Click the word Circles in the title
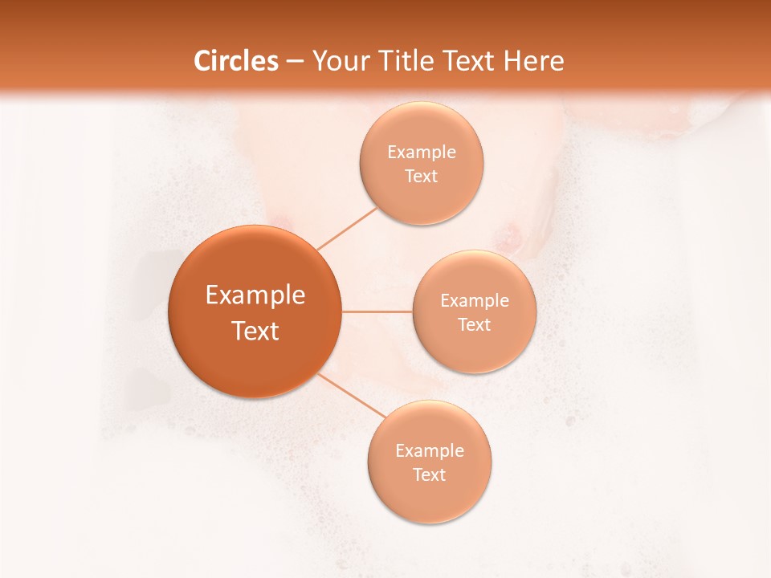(x=236, y=61)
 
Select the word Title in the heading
(x=406, y=61)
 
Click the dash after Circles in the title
(x=295, y=62)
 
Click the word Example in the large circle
(x=255, y=295)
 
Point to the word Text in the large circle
(x=255, y=331)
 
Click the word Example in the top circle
(x=422, y=153)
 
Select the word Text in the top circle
(x=422, y=177)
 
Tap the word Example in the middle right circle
(x=475, y=301)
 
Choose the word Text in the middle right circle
(x=475, y=325)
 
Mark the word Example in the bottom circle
(x=430, y=451)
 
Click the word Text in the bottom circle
(x=430, y=475)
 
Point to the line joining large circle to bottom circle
(x=350, y=394)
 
